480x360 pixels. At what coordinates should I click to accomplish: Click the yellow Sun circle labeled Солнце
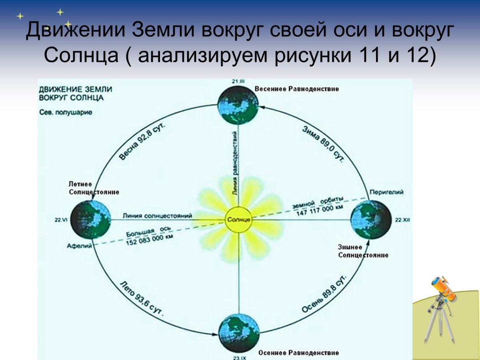pyautogui.click(x=239, y=220)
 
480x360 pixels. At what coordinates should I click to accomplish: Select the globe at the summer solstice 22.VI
pyautogui.click(x=91, y=220)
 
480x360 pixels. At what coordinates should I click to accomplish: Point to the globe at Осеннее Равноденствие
pyautogui.click(x=239, y=332)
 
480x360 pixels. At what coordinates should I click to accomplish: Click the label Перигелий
pyautogui.click(x=387, y=192)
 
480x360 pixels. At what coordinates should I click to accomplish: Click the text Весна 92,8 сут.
pyautogui.click(x=142, y=142)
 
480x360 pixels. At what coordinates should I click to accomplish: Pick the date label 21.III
pyautogui.click(x=238, y=82)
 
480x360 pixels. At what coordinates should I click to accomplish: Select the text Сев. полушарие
pyautogui.click(x=66, y=112)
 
